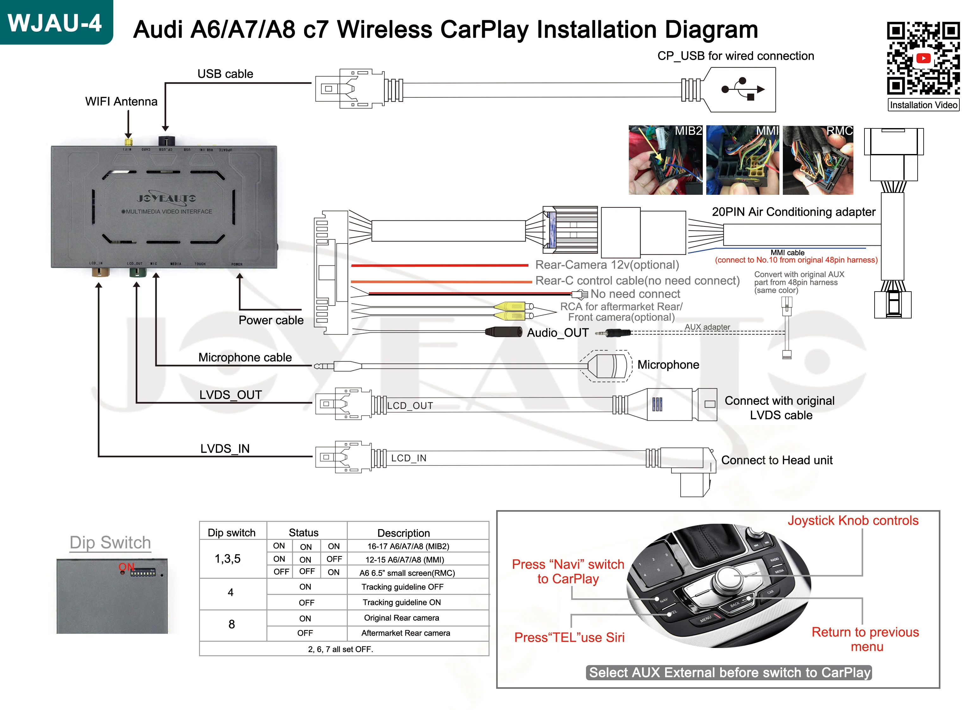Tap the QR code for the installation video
[x=923, y=58]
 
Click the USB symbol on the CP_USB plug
[x=743, y=89]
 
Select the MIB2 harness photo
[x=665, y=160]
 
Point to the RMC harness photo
[x=817, y=160]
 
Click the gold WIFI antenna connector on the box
[x=128, y=142]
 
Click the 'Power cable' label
[x=271, y=320]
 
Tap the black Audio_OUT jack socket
[x=503, y=332]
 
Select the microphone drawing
[x=608, y=366]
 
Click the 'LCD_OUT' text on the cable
[x=410, y=406]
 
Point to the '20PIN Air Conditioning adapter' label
[x=793, y=212]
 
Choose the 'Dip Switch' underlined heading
[x=110, y=542]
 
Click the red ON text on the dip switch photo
[x=126, y=567]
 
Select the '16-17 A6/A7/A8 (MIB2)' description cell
[x=408, y=546]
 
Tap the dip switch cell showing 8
[x=232, y=625]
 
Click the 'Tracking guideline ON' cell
[x=402, y=602]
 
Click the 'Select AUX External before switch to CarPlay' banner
[x=729, y=672]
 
